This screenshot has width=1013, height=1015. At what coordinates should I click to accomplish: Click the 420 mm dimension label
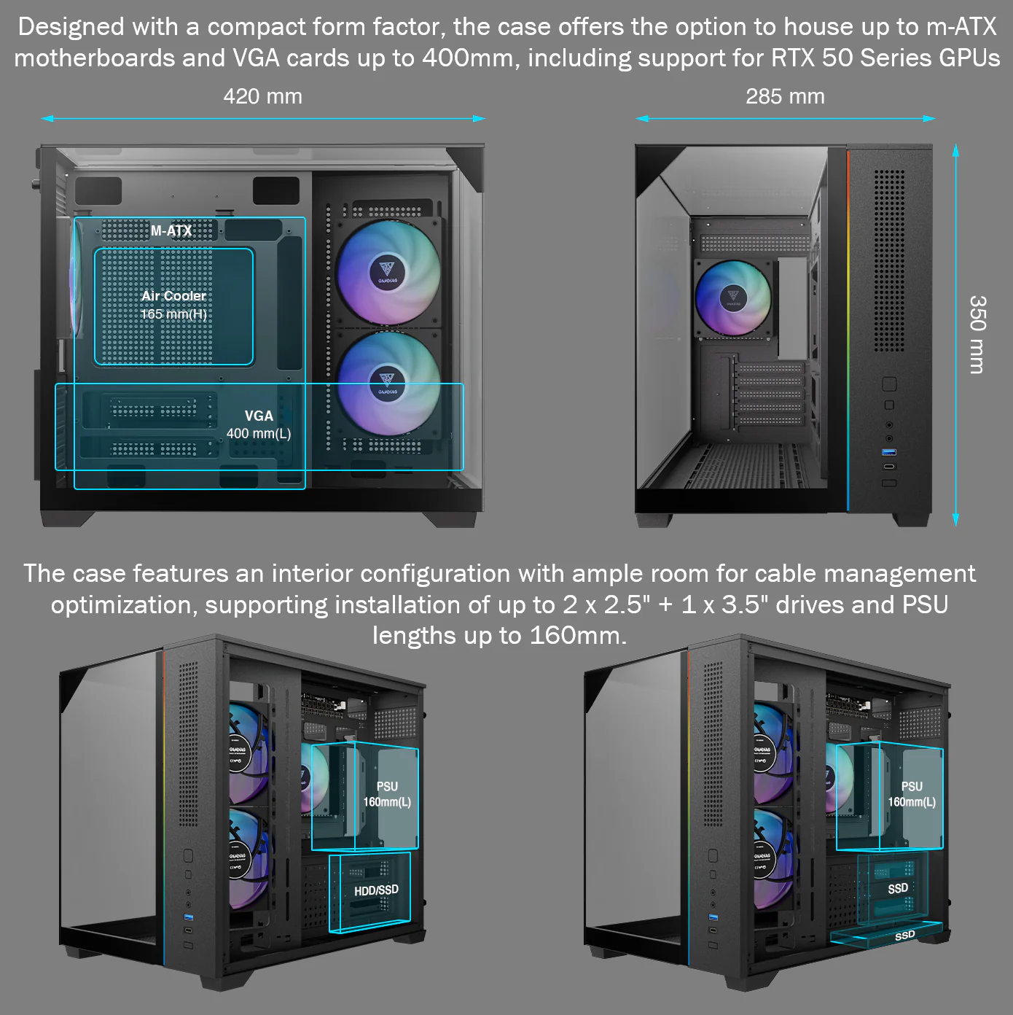[x=263, y=96]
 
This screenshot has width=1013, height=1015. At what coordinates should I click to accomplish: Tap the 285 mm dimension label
[x=785, y=96]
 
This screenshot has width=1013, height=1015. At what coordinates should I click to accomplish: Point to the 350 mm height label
[x=977, y=335]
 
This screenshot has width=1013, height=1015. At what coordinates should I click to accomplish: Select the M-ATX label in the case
[x=171, y=230]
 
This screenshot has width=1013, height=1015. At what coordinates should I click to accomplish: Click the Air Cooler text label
[x=173, y=296]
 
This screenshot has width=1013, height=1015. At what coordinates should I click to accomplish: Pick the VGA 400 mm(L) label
[x=259, y=424]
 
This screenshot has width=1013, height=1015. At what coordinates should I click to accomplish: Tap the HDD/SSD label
[x=377, y=891]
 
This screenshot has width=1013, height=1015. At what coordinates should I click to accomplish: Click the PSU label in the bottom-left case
[x=387, y=786]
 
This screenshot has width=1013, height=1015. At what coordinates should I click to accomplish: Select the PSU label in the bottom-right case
[x=912, y=786]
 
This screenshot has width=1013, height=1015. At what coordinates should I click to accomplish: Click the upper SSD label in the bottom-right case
[x=898, y=889]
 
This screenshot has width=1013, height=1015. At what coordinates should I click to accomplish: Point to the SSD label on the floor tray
[x=905, y=936]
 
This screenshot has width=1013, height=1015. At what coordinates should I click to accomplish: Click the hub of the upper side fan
[x=388, y=272]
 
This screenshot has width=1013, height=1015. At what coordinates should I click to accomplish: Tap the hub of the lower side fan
[x=388, y=384]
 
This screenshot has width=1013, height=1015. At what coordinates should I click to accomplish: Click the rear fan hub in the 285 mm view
[x=733, y=297]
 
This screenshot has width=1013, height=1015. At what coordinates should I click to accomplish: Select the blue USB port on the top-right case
[x=889, y=452]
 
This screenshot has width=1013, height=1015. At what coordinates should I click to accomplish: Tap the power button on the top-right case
[x=889, y=384]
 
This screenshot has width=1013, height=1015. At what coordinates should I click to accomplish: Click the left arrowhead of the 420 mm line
[x=47, y=119]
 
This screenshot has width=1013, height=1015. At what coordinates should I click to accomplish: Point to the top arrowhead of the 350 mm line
[x=955, y=150]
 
